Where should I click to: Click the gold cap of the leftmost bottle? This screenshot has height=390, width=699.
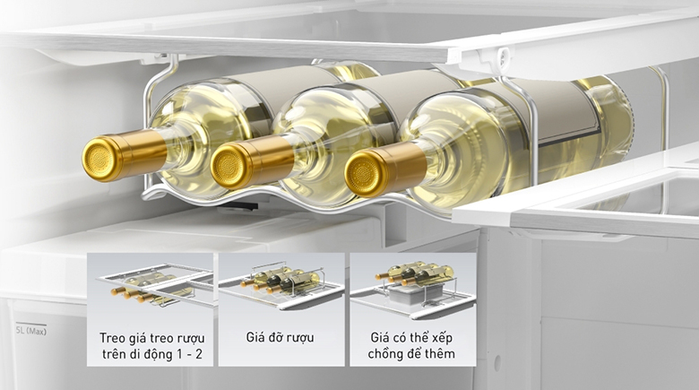pos(99,159)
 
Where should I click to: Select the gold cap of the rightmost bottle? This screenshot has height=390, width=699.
pos(363,173)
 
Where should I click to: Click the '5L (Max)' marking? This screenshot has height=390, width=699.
pos(31,331)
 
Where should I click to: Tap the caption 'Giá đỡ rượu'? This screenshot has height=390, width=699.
pos(280,337)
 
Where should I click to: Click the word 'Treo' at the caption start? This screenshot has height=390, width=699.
pos(112,338)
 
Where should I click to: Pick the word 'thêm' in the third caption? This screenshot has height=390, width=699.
pos(440,354)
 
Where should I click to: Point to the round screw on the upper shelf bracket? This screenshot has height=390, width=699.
pos(504,55)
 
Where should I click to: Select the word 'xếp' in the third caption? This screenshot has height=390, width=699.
pos(442,338)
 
